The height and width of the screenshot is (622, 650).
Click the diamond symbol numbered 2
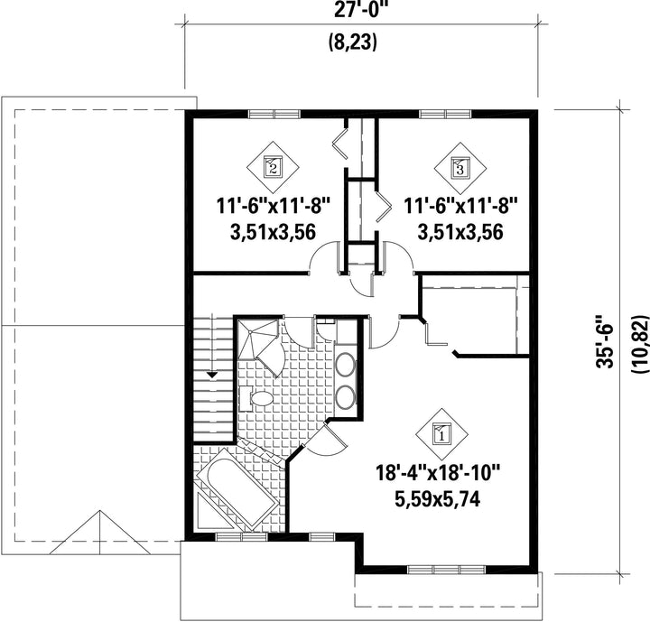(274, 167)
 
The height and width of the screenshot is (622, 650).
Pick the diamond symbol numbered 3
(460, 168)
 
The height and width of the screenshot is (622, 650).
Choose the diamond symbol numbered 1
(441, 434)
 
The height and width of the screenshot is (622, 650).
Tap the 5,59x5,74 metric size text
(438, 499)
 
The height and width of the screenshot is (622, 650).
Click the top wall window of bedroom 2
(274, 114)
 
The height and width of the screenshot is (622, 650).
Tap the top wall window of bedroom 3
(445, 114)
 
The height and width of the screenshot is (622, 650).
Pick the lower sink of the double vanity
(345, 397)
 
